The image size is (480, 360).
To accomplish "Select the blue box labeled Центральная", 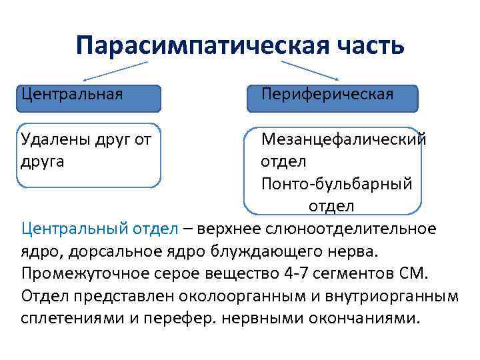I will pyautogui.click(x=89, y=97).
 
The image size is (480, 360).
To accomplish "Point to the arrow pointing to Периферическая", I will pyautogui.click(x=310, y=69).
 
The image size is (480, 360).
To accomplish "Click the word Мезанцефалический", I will pyautogui.click(x=343, y=139).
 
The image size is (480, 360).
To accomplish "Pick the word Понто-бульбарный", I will pyautogui.click(x=337, y=183).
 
